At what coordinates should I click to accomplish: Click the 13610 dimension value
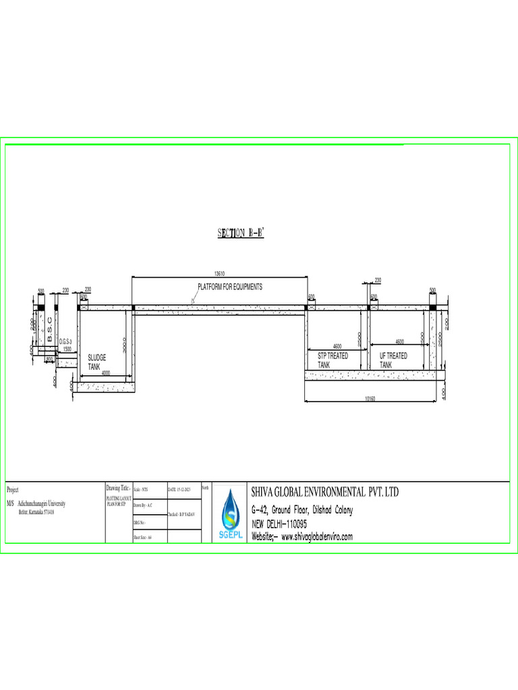pos(219,274)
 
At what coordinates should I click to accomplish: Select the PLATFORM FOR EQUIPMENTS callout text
pos(229,286)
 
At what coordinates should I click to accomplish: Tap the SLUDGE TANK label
pos(98,360)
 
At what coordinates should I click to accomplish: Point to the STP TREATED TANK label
pos(333,360)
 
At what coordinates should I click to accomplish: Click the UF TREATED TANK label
pos(393,360)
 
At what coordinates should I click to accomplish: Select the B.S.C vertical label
pos(50,328)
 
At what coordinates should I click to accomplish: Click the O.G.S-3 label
pos(66,343)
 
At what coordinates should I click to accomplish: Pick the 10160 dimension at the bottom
pos(370,399)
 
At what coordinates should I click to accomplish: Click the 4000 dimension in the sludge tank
pos(105,373)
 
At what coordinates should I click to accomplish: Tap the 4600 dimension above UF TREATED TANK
pos(399,342)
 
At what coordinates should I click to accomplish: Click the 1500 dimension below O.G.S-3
pos(67,349)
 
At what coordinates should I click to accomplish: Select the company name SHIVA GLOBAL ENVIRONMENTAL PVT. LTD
pos(325,492)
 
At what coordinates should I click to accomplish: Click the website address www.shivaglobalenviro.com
pos(302,537)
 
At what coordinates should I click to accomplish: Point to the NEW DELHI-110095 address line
pos(279,524)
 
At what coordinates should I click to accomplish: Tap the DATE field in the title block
pos(179,489)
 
